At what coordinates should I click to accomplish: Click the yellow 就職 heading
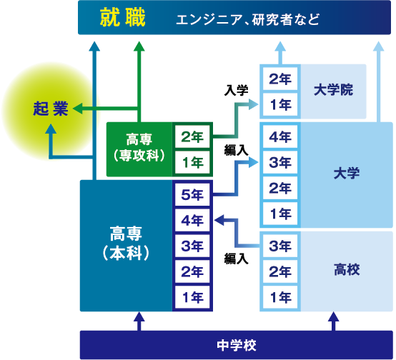pyautogui.click(x=122, y=17)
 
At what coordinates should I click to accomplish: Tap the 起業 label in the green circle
pyautogui.click(x=51, y=109)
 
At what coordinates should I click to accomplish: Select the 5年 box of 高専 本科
pyautogui.click(x=192, y=194)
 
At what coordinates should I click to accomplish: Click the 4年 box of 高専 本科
pyautogui.click(x=192, y=221)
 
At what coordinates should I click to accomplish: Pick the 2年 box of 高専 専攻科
pyautogui.click(x=192, y=137)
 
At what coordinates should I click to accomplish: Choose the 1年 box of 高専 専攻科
pyautogui.click(x=192, y=162)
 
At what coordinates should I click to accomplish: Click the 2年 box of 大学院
pyautogui.click(x=280, y=79)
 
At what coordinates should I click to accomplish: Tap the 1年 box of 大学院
pyautogui.click(x=280, y=104)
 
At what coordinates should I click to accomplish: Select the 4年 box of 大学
pyautogui.click(x=280, y=137)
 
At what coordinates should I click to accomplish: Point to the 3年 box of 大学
pyautogui.click(x=280, y=162)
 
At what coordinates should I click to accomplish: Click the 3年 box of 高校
pyautogui.click(x=280, y=246)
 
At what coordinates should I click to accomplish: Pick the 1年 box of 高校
pyautogui.click(x=280, y=297)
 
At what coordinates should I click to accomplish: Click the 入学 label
pyautogui.click(x=236, y=90)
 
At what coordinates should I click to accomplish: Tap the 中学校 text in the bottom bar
pyautogui.click(x=237, y=346)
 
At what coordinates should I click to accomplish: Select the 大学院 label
pyautogui.click(x=333, y=90)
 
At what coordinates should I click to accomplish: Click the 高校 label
pyautogui.click(x=347, y=269)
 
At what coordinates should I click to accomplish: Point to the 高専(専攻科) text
pyautogui.click(x=139, y=148)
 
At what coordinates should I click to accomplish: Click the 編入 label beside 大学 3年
pyautogui.click(x=236, y=151)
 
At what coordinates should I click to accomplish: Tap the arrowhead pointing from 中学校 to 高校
pyautogui.click(x=333, y=316)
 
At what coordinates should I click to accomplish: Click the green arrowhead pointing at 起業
pyautogui.click(x=77, y=109)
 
